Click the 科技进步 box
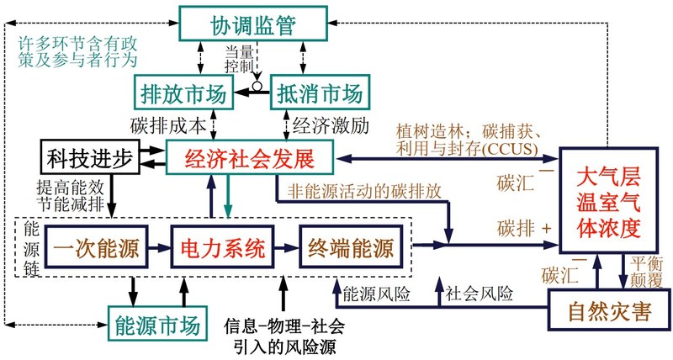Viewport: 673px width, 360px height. [90, 156]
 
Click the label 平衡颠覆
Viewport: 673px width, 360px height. [646, 272]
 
